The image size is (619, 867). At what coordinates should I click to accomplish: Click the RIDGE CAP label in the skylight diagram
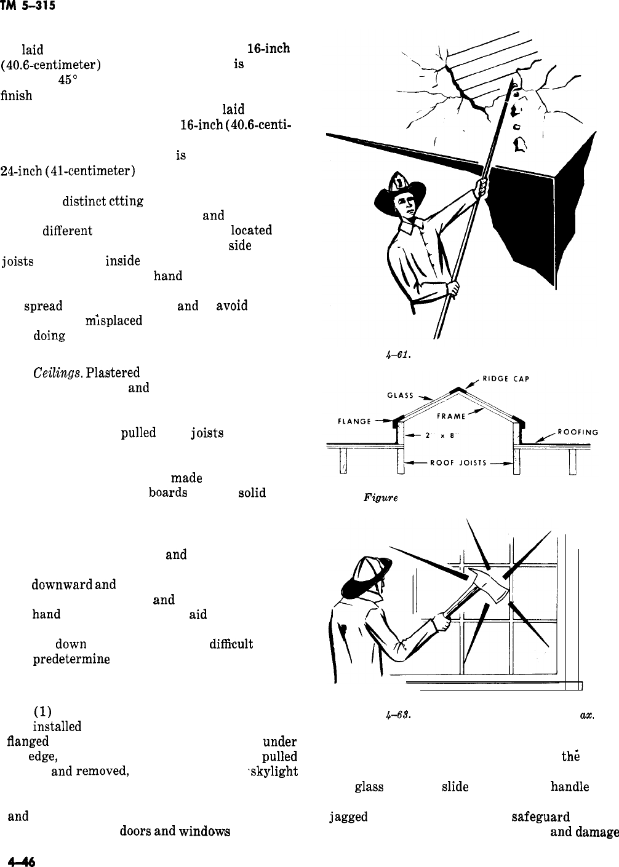[504, 379]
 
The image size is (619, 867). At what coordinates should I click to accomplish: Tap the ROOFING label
[578, 432]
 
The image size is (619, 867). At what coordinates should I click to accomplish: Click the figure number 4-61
[391, 354]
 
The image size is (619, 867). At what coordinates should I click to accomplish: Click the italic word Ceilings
[56, 372]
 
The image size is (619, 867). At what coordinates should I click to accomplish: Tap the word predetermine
[71, 659]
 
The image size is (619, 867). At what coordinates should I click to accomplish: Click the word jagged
[349, 816]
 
